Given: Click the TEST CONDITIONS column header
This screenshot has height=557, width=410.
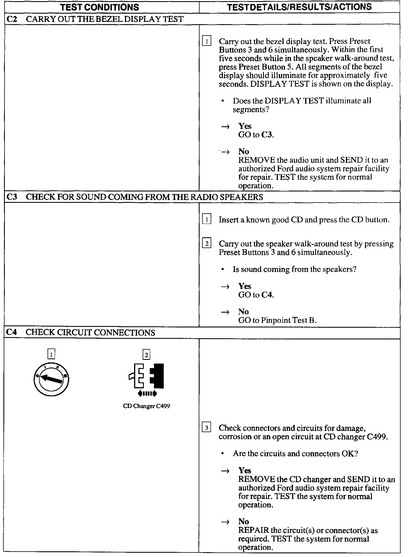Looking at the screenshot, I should click(100, 7).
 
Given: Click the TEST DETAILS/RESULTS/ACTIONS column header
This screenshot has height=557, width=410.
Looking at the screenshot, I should click(299, 7).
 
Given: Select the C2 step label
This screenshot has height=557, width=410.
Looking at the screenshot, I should click(12, 19).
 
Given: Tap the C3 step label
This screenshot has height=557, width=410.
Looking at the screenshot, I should click(12, 197).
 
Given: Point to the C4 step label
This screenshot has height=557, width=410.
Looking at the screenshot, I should click(12, 332).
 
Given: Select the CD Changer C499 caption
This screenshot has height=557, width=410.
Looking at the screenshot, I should click(146, 406).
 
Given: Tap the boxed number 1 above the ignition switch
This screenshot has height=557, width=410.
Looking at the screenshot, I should click(51, 354).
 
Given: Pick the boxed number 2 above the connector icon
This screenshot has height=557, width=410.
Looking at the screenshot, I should click(146, 354).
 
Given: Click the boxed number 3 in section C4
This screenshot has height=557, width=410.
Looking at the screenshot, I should click(206, 428).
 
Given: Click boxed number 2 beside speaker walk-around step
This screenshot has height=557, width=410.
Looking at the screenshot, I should click(206, 244).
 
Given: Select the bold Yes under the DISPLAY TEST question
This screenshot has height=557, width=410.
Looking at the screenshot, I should click(245, 126).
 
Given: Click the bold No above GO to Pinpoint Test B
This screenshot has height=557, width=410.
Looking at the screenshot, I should click(243, 311).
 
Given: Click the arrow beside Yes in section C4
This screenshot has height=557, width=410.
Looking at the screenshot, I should click(225, 471).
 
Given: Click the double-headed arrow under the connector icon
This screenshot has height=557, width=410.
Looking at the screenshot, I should click(147, 394).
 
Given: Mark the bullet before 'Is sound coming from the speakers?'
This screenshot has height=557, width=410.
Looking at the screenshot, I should click(223, 269).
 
